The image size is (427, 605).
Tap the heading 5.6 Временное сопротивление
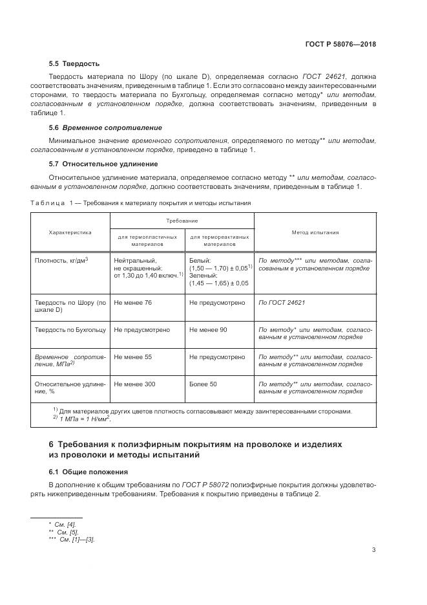point(105,127)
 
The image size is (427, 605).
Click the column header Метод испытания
point(315,232)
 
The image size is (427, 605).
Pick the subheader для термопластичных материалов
point(148,241)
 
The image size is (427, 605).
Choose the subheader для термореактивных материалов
point(220,241)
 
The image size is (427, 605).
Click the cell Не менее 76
point(132,302)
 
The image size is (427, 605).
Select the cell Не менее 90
point(208,329)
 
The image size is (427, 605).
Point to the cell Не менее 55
point(132,357)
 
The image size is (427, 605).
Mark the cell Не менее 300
point(134,384)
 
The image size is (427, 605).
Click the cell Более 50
point(203,384)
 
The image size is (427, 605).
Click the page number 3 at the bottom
point(374,551)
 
